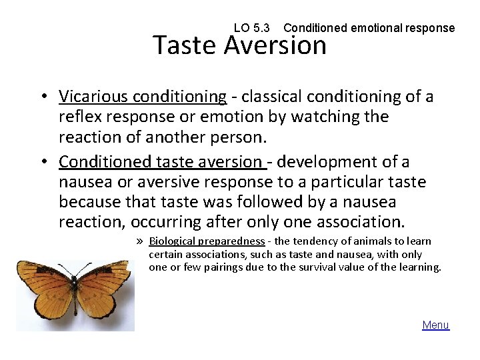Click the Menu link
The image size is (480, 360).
coord(435,325)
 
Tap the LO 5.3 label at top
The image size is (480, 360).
coord(252,28)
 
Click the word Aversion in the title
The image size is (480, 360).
coord(275,46)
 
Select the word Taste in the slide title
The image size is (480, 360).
coord(185,46)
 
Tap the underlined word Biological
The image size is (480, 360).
coord(172,241)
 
